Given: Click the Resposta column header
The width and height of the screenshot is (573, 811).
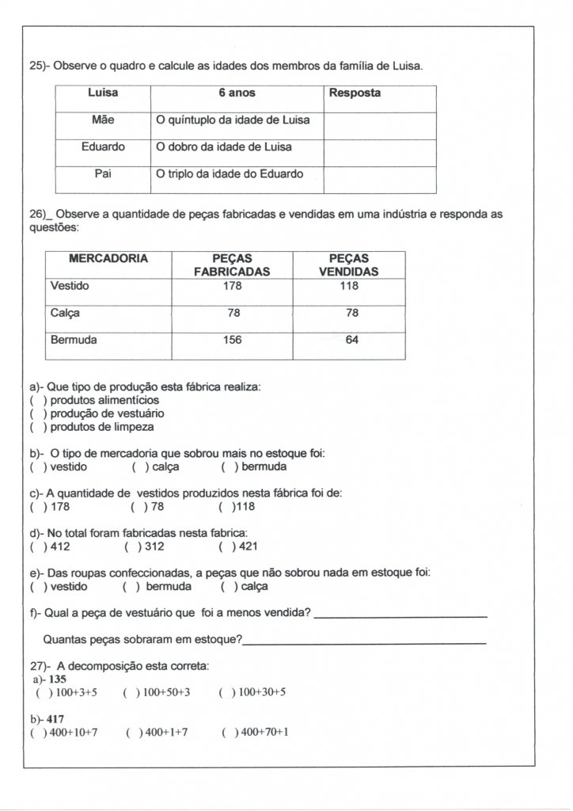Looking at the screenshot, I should (x=355, y=93).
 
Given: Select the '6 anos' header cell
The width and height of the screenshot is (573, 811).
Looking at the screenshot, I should (x=237, y=93).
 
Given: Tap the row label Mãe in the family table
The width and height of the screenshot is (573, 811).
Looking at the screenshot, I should (x=103, y=120).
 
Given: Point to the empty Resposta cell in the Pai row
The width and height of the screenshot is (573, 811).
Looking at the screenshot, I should (x=380, y=179).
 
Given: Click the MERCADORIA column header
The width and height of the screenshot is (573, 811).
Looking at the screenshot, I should (x=108, y=259).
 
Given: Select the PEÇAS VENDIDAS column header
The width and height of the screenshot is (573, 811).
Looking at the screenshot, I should (x=348, y=265).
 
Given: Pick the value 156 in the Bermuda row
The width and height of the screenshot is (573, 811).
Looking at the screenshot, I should (x=233, y=340).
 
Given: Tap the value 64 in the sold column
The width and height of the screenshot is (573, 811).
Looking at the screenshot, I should (x=349, y=340).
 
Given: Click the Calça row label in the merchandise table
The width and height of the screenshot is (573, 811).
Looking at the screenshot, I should (x=65, y=313).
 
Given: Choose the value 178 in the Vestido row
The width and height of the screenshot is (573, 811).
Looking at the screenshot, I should (x=233, y=286).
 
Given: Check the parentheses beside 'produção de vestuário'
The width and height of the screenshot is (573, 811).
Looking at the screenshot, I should (x=35, y=413).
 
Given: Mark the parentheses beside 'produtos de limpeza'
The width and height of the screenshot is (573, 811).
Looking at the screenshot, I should (x=35, y=427).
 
